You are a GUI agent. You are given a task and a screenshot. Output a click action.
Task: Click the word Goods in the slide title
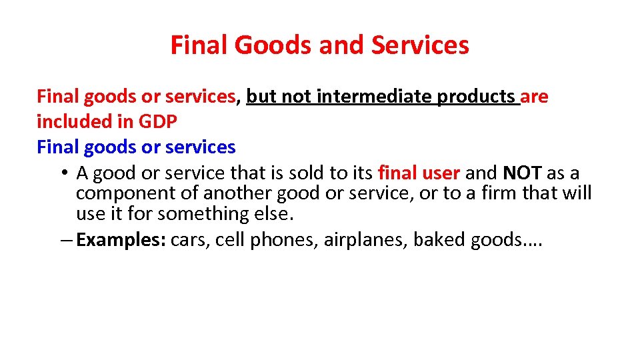coord(265,45)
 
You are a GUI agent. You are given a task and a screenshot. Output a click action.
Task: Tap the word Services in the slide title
coord(420,45)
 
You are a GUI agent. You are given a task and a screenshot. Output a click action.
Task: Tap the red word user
coord(442,173)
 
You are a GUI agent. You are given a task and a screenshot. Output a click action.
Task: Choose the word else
coord(273,214)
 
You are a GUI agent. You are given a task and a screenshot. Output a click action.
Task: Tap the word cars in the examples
coord(191,240)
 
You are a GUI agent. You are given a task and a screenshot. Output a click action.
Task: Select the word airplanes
coord(365,240)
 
